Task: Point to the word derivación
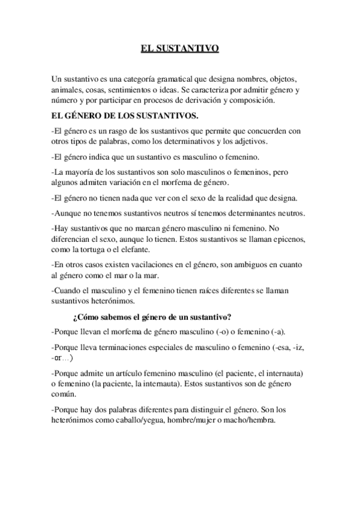(x=217, y=101)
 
